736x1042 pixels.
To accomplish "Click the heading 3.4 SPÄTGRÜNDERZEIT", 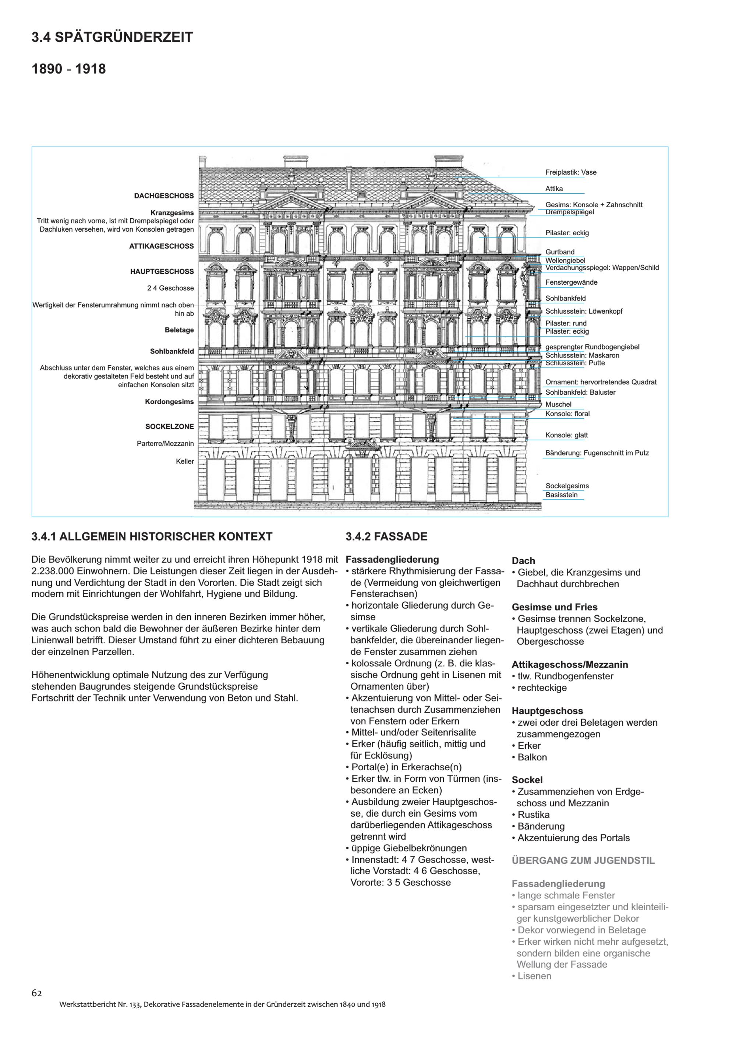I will pos(112,37).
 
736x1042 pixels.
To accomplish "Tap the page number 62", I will pos(37,993).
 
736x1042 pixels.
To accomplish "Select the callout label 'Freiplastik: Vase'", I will pos(570,172).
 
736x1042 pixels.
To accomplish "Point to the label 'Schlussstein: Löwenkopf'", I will pos(584,311).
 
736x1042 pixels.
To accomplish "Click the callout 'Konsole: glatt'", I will pos(566,435).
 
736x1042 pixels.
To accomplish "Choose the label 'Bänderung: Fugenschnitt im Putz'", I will pos(597,453).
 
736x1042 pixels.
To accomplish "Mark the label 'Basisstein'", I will pos(562,495).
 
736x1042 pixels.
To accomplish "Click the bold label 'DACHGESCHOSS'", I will pos(164,196).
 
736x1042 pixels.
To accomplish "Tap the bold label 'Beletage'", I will pos(179,330).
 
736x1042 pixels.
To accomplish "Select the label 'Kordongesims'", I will pos(169,402).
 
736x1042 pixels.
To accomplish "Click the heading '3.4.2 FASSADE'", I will pos(386,536).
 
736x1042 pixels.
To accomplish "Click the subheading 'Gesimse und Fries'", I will pos(555,607).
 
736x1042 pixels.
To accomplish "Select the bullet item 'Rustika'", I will pos(533,814).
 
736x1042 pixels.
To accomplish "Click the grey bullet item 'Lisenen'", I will pos(534,976).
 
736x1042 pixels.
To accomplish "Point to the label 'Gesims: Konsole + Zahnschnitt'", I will pos(594,205).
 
